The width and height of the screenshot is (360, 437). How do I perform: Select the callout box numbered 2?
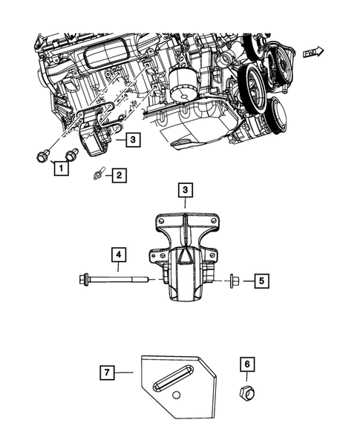point(117,176)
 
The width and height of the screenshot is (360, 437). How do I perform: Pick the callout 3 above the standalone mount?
point(185,191)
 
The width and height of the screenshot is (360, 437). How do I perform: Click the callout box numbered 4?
point(117,255)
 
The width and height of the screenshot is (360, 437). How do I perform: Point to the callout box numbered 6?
point(247,364)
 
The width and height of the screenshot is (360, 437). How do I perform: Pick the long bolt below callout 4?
point(119,280)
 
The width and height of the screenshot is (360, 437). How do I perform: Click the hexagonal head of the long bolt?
point(83,280)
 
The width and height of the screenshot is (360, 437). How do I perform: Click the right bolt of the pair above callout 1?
point(71,155)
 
